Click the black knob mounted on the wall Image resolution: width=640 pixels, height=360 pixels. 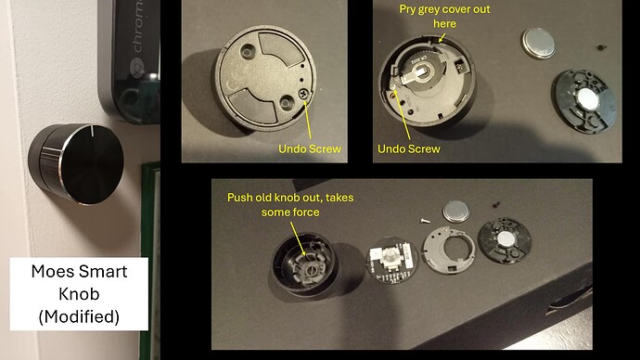pyautogui.click(x=76, y=163)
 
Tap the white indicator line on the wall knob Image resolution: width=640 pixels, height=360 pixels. pyautogui.click(x=93, y=131)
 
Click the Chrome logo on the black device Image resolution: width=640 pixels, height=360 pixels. pyautogui.click(x=136, y=68)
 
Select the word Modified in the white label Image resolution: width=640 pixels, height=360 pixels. pyautogui.click(x=79, y=316)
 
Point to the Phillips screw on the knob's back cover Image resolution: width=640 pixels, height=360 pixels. pyautogui.click(x=304, y=95)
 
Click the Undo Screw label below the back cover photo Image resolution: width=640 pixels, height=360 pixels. pyautogui.click(x=310, y=148)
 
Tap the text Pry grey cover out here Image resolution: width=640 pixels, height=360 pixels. pyautogui.click(x=444, y=17)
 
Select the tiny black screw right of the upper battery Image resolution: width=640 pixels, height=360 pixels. pyautogui.click(x=601, y=47)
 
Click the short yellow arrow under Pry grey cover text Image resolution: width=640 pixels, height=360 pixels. pyautogui.click(x=442, y=37)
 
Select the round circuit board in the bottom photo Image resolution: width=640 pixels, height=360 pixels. pyautogui.click(x=391, y=261)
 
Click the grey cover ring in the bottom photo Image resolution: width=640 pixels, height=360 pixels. pyautogui.click(x=449, y=252)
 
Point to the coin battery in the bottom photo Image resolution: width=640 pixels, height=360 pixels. pyautogui.click(x=456, y=211)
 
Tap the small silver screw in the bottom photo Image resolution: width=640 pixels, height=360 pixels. pyautogui.click(x=425, y=221)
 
